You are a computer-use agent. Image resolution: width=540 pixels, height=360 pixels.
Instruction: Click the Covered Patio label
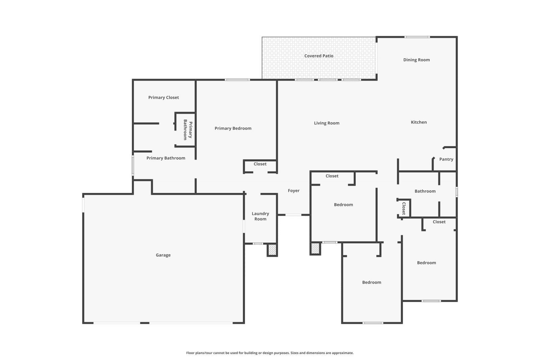point(319,56)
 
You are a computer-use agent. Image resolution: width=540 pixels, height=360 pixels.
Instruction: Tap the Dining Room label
point(416,60)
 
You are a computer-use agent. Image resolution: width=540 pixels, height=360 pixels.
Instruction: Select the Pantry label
point(446,159)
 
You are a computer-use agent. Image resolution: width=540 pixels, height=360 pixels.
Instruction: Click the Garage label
point(163,255)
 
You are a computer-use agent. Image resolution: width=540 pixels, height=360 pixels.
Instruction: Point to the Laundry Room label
point(260,216)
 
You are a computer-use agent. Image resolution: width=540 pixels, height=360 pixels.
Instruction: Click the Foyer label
point(293,191)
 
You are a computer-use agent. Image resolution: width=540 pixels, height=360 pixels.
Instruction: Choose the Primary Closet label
point(163,98)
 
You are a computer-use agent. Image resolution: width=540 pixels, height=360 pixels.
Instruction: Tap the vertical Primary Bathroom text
point(188,130)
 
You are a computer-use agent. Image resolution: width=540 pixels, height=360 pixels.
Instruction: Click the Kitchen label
point(418,122)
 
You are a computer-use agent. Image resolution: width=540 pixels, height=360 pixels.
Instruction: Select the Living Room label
point(326,123)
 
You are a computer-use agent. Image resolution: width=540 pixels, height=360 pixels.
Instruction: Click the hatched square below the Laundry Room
point(272,250)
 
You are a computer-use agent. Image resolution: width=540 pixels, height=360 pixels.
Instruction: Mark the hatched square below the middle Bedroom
point(315,249)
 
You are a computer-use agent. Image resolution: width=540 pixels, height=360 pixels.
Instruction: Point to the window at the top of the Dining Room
point(417,37)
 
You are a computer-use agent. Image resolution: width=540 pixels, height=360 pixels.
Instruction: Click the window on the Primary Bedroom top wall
point(237,80)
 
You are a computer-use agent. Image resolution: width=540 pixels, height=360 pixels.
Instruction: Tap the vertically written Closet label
point(403,209)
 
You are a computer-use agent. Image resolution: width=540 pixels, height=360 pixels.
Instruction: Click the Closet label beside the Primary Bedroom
point(260,164)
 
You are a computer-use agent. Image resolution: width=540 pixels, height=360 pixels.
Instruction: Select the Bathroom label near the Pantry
point(425,191)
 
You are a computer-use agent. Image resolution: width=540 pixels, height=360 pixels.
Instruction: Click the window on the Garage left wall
point(83,205)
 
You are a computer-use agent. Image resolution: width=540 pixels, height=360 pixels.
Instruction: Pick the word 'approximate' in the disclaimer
point(342,353)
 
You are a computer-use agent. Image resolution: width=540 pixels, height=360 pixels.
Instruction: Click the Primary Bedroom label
point(233,128)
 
